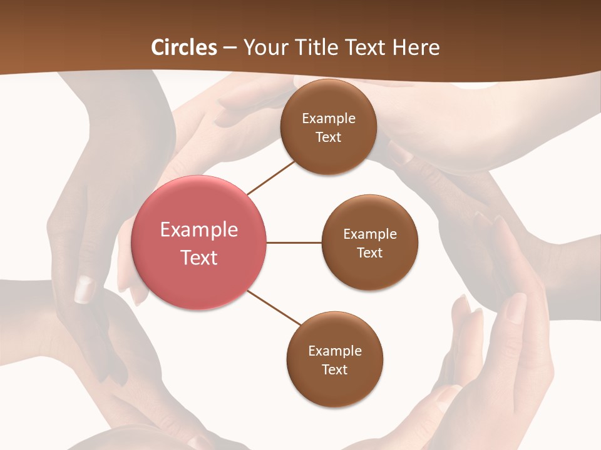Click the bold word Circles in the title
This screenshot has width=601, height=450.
pyautogui.click(x=183, y=47)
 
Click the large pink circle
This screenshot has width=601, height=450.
pyautogui.click(x=199, y=242)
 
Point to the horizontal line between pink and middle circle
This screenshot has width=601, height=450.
pyautogui.click(x=294, y=242)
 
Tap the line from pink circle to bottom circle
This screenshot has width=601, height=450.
pyautogui.click(x=274, y=307)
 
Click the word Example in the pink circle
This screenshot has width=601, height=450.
pyautogui.click(x=199, y=229)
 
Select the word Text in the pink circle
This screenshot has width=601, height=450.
pyautogui.click(x=199, y=257)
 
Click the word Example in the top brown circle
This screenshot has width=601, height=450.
pyautogui.click(x=329, y=118)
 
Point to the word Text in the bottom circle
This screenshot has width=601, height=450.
pyautogui.click(x=334, y=369)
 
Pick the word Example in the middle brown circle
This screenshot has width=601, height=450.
pyautogui.click(x=370, y=234)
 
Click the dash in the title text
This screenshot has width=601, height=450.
pyautogui.click(x=230, y=47)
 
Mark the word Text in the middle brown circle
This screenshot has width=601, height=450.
pyautogui.click(x=370, y=252)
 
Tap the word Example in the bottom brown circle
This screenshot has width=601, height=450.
pyautogui.click(x=335, y=351)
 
